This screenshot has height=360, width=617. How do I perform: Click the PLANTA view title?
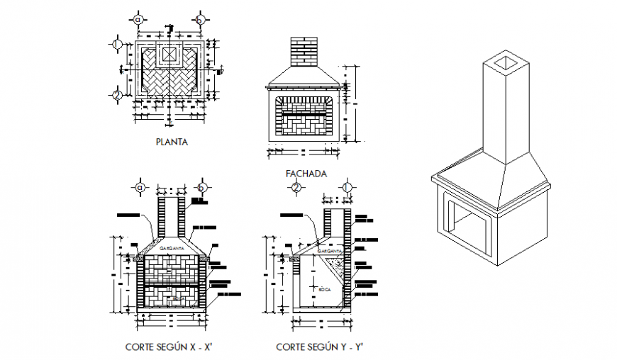pos(171,142)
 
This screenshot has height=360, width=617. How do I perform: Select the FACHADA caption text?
pos(306,173)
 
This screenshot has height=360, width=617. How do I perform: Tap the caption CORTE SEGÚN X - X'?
pos(169,347)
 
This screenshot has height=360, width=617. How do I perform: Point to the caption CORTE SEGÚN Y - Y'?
pos(319,347)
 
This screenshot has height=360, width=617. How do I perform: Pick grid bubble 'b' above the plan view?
pos(201,19)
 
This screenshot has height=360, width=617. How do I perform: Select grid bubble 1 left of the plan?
pos(117,44)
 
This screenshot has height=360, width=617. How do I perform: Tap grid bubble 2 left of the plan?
pos(117,94)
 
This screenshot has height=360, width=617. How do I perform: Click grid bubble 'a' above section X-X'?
pos(140,187)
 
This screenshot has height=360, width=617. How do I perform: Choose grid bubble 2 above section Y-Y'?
pos(296,187)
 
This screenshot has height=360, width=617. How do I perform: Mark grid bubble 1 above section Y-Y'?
pos(347,187)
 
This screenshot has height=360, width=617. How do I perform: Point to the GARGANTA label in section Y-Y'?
pos(330,251)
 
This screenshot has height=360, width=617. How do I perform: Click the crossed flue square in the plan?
pos(169,55)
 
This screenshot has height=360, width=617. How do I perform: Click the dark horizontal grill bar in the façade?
pos(306,113)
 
